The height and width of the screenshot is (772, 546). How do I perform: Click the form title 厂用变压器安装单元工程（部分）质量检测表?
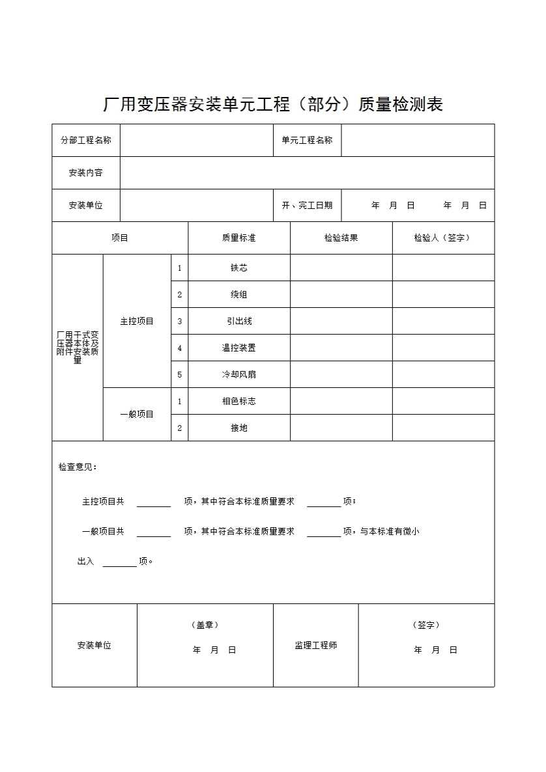[273, 104]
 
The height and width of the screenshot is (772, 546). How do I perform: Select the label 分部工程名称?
[86, 140]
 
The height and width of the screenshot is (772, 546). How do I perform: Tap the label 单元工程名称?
[307, 140]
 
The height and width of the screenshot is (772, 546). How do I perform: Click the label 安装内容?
[86, 172]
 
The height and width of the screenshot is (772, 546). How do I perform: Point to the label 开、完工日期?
[307, 205]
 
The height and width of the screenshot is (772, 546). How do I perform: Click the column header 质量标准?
[238, 238]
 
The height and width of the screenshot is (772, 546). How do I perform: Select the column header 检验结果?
[341, 238]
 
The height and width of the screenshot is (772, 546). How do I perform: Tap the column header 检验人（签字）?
[442, 238]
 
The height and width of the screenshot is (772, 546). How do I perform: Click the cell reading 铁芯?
[238, 268]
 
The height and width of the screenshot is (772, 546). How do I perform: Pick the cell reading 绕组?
[238, 294]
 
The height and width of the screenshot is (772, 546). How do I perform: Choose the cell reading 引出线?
[238, 321]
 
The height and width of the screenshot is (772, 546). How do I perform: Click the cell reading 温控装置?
[238, 348]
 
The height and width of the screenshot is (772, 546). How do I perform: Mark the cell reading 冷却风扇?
[238, 374]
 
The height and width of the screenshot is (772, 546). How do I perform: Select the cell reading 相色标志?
[238, 401]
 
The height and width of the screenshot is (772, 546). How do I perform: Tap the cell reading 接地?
[238, 428]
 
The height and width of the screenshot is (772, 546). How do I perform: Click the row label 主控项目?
[137, 321]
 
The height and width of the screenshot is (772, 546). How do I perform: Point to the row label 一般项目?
[137, 414]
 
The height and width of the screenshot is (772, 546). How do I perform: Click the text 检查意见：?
[78, 467]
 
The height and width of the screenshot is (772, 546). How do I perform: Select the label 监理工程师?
[315, 645]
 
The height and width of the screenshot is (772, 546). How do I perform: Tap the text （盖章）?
[205, 625]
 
